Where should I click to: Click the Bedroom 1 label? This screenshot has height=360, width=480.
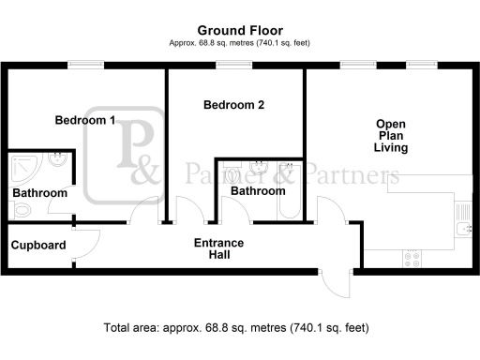click(x=85, y=120)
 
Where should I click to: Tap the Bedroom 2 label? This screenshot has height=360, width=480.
click(x=233, y=106)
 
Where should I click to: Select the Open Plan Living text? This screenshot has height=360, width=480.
click(x=391, y=136)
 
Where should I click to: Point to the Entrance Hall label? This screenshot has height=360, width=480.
click(x=218, y=249)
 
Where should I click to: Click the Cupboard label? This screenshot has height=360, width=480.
click(x=38, y=246)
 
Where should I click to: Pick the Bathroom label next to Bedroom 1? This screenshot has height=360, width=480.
click(x=39, y=193)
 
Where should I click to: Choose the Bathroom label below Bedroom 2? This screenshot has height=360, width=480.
click(x=258, y=191)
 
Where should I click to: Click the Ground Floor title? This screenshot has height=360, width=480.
click(x=240, y=31)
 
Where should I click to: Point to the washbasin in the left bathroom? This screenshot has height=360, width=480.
click(x=58, y=162)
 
